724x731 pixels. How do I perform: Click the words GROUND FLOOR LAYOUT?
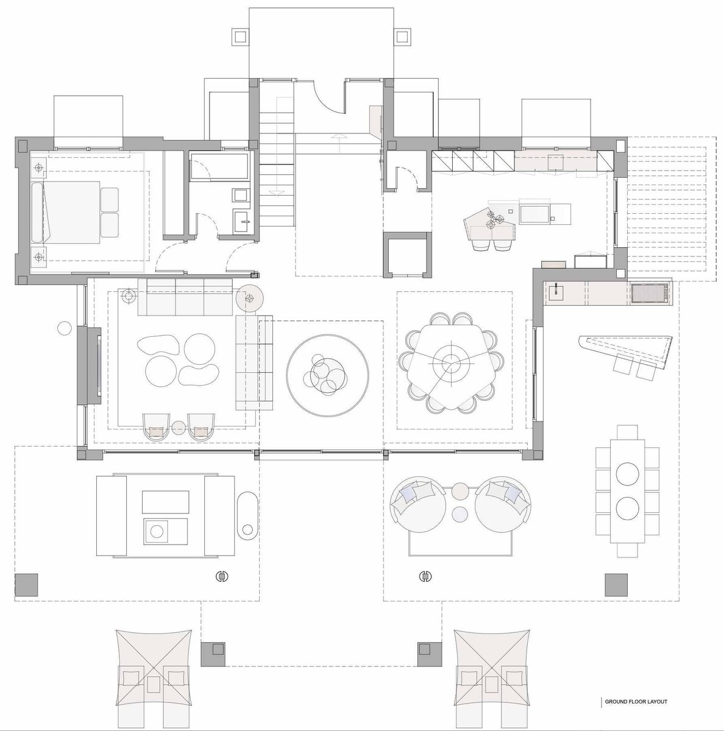point(636,701)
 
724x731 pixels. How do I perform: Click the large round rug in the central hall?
point(327,376)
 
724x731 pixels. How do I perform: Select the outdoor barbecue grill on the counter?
point(651,294)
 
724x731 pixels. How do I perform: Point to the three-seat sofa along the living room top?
point(185,297)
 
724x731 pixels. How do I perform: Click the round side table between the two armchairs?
point(179,428)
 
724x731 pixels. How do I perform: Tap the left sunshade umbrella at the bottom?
point(154,673)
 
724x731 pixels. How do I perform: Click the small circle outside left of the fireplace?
point(65,328)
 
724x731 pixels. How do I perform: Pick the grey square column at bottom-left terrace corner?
point(26,585)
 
